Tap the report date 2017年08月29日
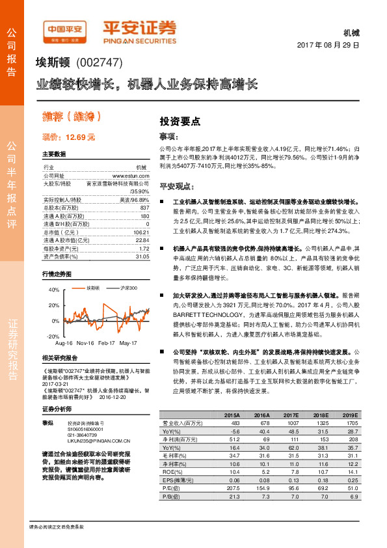pyautogui.click(x=332, y=46)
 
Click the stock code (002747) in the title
pyautogui.click(x=98, y=63)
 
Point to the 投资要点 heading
pyautogui.click(x=180, y=122)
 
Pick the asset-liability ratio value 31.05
pyautogui.click(x=142, y=256)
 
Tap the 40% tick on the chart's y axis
pyautogui.click(x=54, y=290)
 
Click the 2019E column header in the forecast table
pyautogui.click(x=350, y=414)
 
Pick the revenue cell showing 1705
pyautogui.click(x=350, y=422)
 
